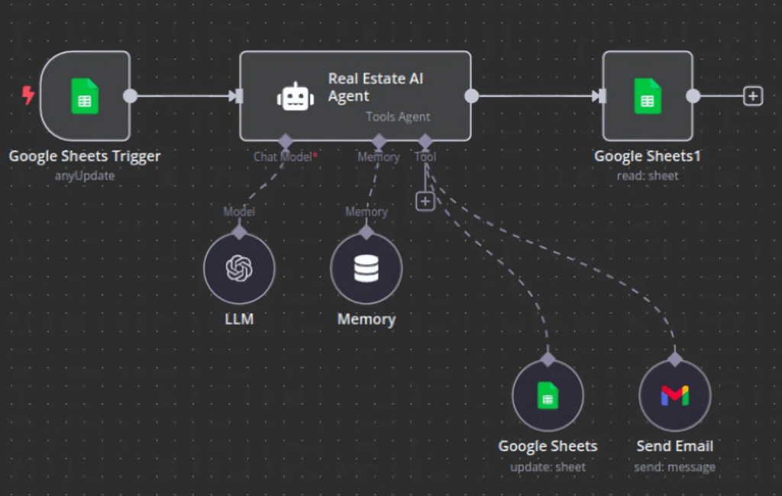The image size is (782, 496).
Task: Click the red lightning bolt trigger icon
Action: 28,95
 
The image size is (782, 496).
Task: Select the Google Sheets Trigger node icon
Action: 85,96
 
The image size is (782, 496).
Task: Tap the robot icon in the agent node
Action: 296,96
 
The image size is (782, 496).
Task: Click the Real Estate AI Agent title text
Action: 375,87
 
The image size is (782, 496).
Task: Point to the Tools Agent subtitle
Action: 398,117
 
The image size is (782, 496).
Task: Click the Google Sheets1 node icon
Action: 648,96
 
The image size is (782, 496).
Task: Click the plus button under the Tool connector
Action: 425,201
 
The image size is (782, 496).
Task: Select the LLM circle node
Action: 239,268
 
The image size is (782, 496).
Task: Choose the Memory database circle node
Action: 367,268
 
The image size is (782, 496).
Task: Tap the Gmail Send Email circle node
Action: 675,395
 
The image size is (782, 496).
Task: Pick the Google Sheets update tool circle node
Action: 548,395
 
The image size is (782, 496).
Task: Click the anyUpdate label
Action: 85,176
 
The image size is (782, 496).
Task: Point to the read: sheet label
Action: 648,176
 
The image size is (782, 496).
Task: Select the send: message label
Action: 675,466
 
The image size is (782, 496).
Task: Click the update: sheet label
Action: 548,466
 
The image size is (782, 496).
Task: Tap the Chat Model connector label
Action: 283,156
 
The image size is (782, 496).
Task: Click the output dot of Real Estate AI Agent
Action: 472,96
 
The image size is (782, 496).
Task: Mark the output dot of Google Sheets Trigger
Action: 131,96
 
